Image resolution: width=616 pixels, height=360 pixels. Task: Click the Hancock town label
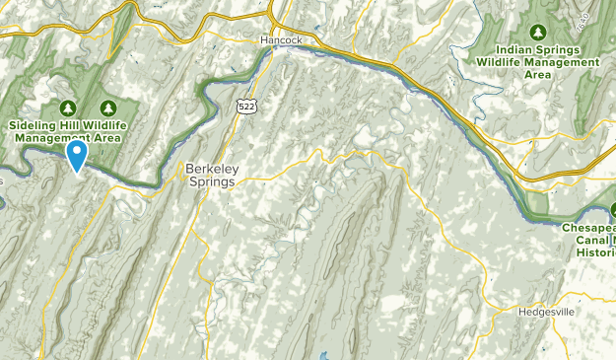coord(280,40)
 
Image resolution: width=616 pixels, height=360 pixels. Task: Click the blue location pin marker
coord(75,155)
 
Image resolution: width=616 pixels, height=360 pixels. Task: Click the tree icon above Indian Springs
coord(538,33)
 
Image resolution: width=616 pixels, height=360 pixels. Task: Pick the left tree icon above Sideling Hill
coord(68,108)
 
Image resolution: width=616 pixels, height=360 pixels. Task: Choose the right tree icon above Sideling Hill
coord(108,108)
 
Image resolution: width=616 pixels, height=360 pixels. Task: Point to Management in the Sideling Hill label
coord(51,139)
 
